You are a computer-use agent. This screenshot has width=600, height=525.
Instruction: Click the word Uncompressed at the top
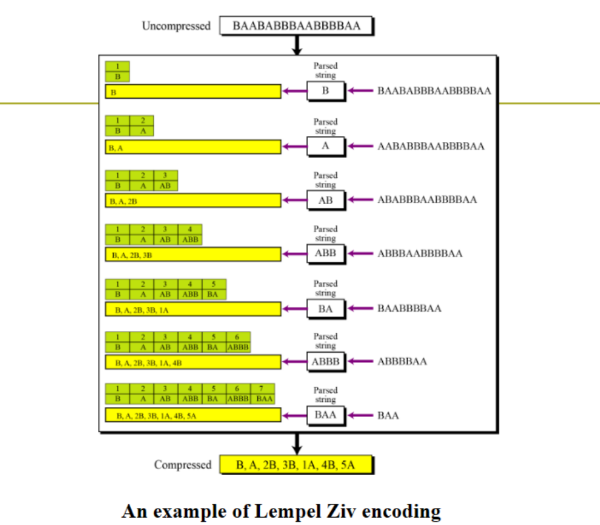(176, 26)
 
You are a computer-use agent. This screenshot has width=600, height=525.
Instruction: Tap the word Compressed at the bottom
(183, 465)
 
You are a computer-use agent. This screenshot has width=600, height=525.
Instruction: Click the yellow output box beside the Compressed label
(297, 465)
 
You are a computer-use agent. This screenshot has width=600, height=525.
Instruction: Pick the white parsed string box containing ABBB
(326, 361)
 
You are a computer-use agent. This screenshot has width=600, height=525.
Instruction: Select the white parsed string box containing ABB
(326, 253)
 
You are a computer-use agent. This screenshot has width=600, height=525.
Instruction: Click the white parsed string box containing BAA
(326, 415)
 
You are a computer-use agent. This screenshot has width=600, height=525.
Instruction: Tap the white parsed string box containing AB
(326, 200)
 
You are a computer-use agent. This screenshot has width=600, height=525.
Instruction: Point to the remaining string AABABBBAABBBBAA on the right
(431, 146)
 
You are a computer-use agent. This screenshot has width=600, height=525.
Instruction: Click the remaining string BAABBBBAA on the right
(409, 308)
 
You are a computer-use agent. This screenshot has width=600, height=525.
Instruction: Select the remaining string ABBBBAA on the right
(402, 361)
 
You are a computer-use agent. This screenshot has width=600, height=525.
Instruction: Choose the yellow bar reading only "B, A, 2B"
(193, 201)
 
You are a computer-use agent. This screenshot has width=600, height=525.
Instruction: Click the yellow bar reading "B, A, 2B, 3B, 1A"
(193, 309)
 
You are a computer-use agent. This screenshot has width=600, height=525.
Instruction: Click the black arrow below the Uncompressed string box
(297, 45)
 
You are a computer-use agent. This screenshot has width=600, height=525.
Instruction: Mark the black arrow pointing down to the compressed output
(297, 443)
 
